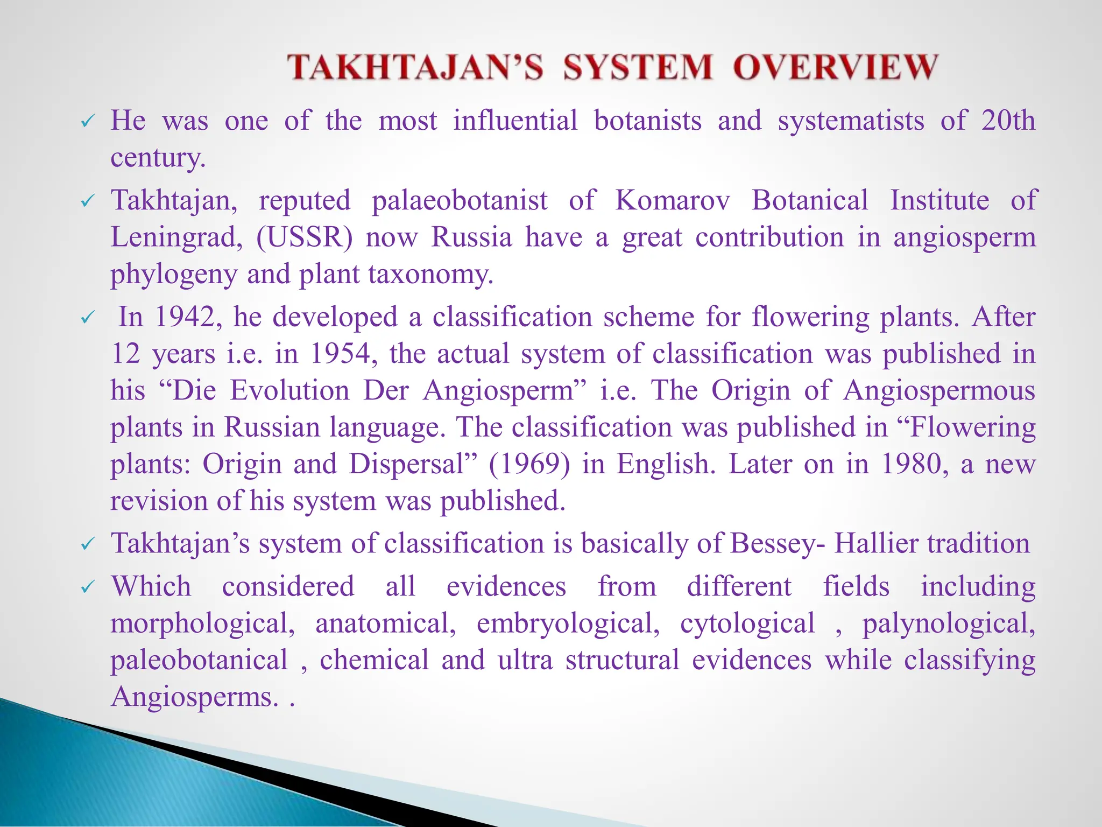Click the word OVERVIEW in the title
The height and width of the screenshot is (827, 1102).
836,68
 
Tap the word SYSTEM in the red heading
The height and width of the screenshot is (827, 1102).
638,68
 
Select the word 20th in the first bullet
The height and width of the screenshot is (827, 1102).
1008,121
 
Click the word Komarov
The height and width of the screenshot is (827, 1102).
673,200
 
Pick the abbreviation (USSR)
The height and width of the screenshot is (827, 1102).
305,237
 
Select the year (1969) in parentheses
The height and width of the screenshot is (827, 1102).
529,464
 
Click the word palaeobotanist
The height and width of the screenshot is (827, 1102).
460,200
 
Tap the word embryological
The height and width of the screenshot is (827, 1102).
568,623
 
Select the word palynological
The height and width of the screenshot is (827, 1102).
949,623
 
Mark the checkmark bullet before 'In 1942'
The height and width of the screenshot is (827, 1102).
87,319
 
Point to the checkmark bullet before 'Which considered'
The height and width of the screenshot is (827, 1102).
87,588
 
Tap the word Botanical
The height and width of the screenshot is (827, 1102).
810,200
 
